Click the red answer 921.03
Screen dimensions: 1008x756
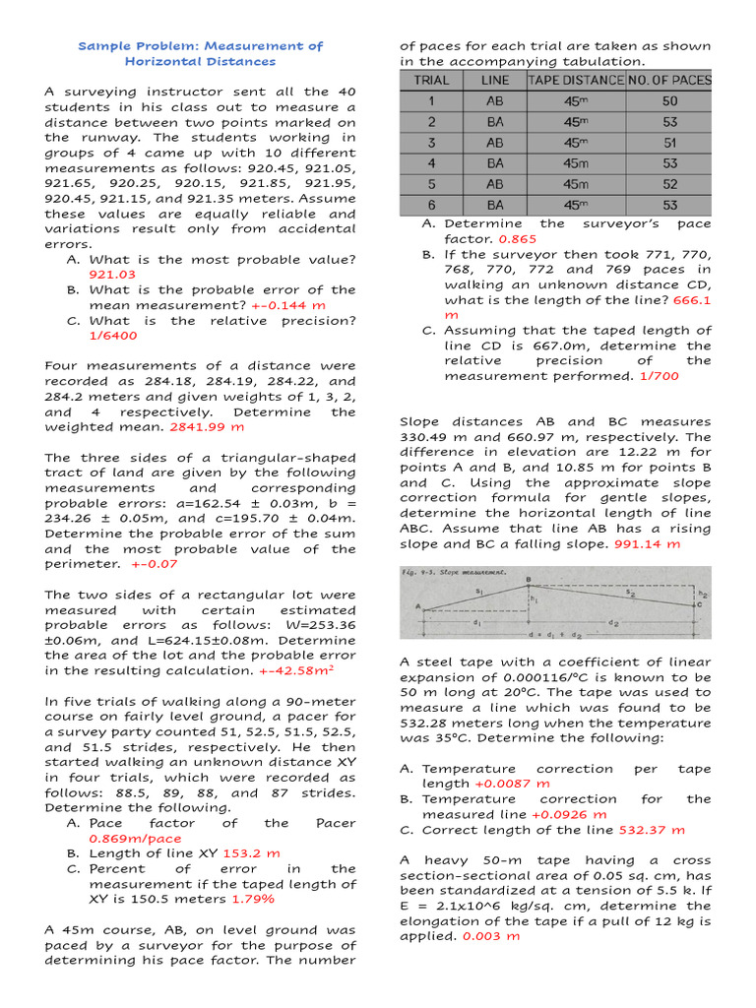[112, 275]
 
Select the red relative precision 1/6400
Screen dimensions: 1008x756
[113, 336]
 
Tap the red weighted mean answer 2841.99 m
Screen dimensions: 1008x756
[208, 427]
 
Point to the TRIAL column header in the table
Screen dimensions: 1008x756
[431, 80]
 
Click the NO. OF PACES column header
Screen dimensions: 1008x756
[669, 80]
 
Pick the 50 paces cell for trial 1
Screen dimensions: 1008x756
[669, 100]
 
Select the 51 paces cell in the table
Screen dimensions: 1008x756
[669, 142]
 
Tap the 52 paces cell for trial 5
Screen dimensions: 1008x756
[669, 184]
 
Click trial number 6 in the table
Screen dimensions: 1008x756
[431, 205]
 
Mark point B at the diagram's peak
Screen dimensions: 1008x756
[529, 580]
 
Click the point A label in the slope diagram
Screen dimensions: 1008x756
[418, 607]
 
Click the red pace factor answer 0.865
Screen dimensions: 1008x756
[518, 239]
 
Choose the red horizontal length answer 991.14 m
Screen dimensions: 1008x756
[647, 543]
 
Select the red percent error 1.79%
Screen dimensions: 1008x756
[253, 899]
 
